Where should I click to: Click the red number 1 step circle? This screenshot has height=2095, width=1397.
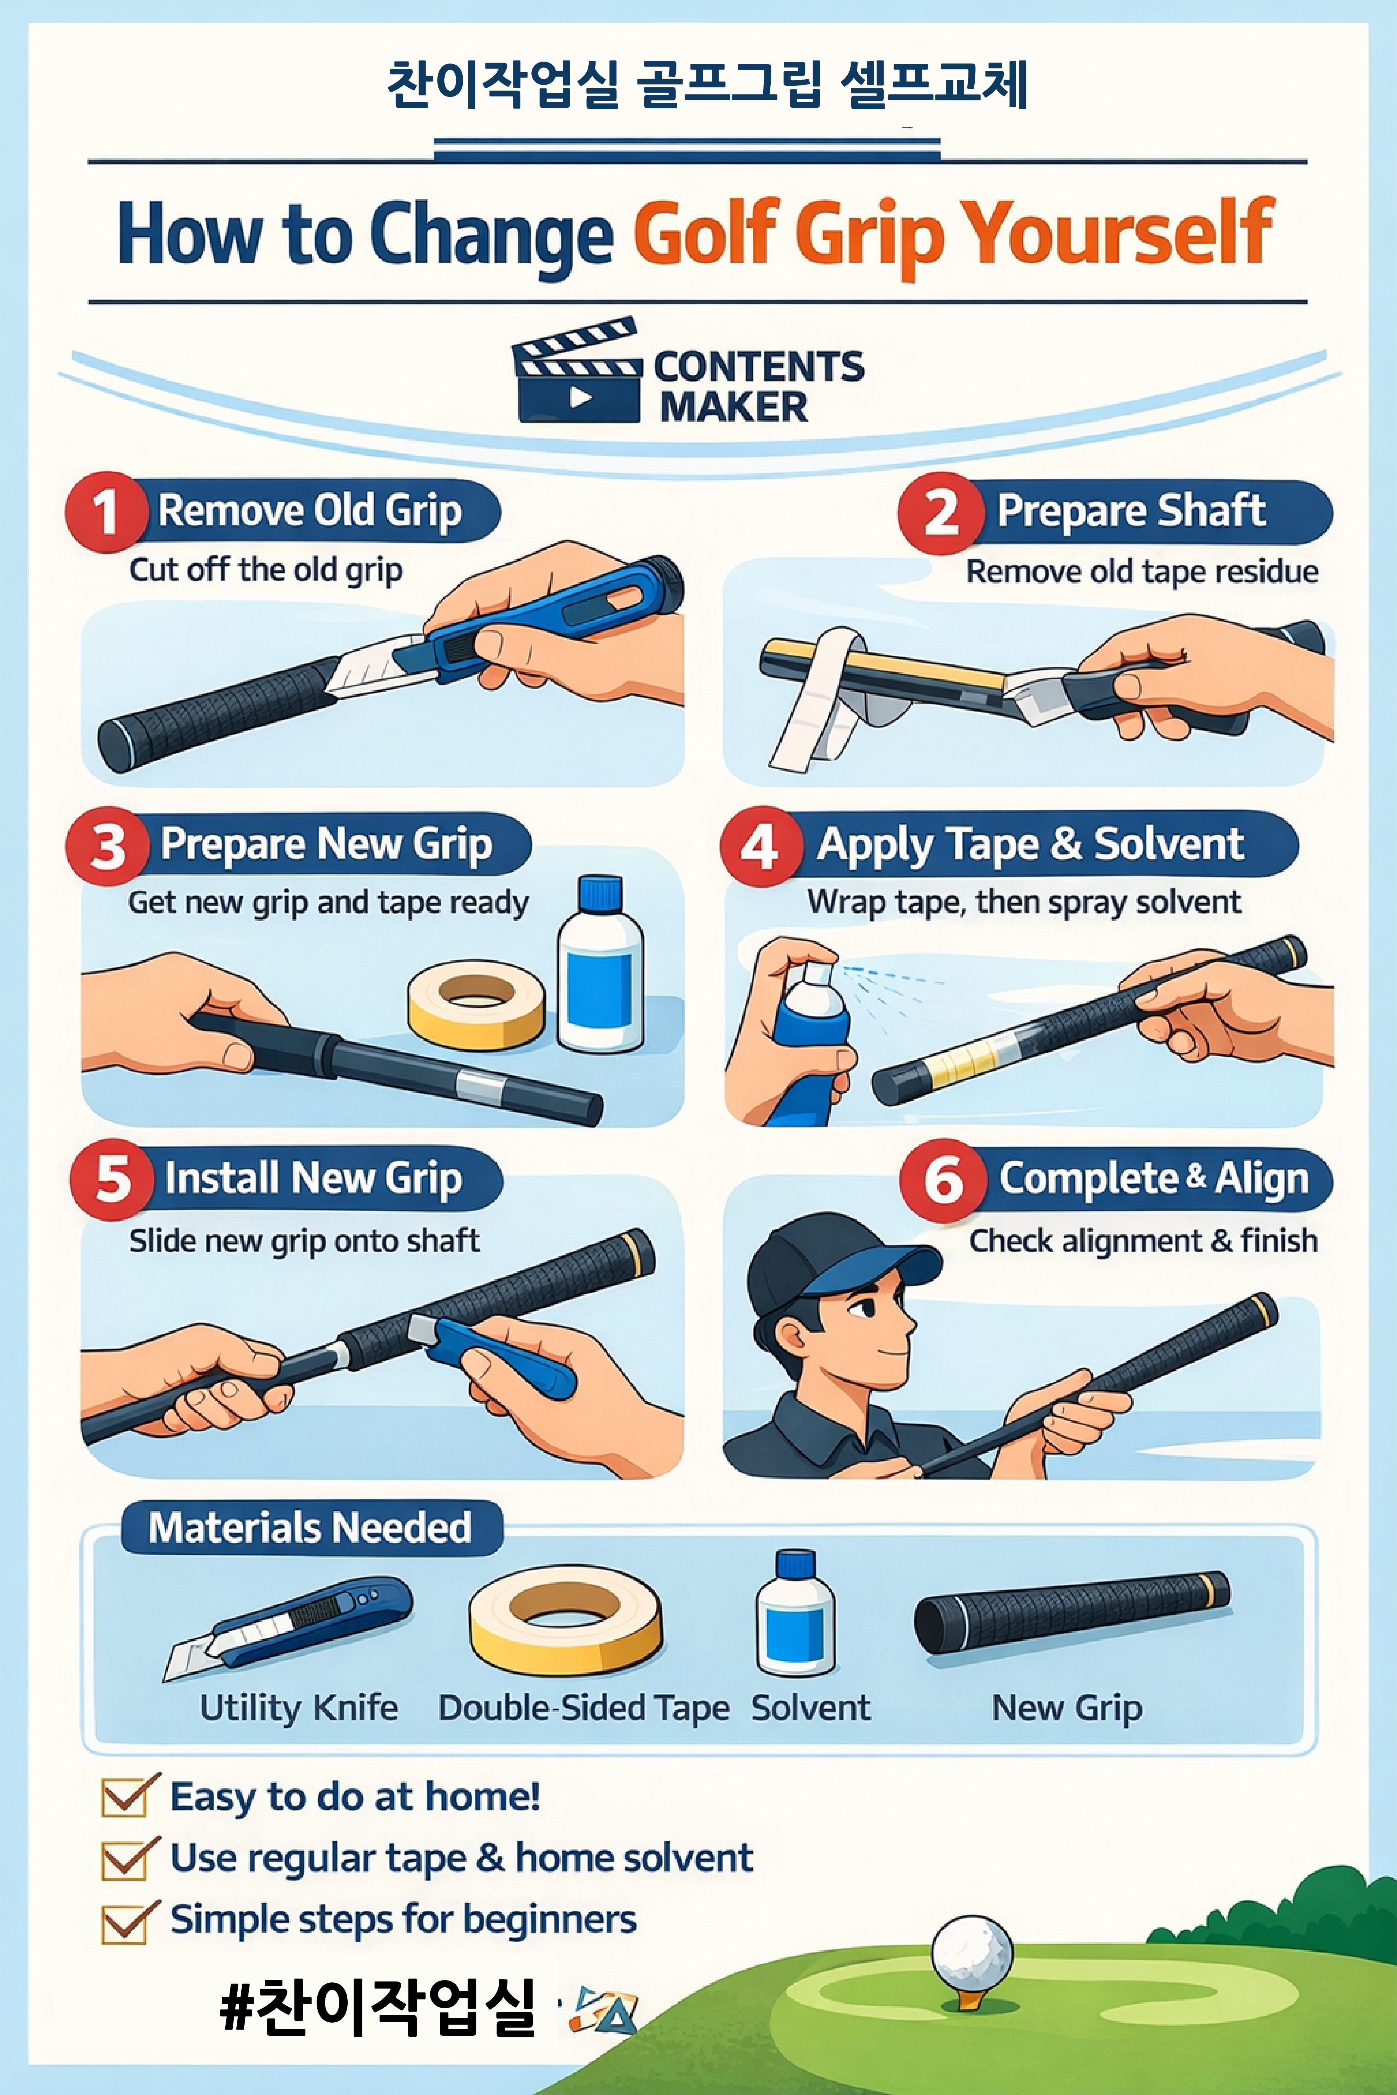point(105,512)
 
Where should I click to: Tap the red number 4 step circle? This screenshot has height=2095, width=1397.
point(760,846)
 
